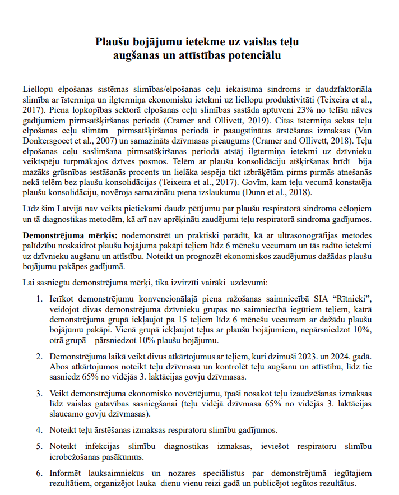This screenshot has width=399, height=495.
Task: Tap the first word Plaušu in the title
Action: pyautogui.click(x=112, y=42)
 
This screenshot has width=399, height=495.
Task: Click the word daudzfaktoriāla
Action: pyautogui.click(x=341, y=90)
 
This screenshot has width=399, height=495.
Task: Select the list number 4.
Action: pyautogui.click(x=39, y=430)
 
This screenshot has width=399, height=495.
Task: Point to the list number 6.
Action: pyautogui.click(x=39, y=473)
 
